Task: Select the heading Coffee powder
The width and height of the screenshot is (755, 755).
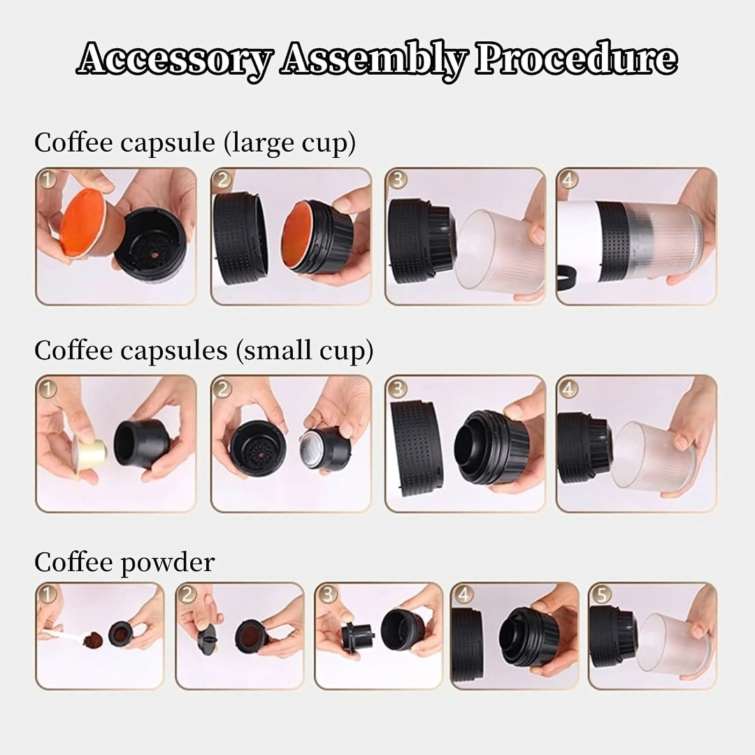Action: (x=124, y=562)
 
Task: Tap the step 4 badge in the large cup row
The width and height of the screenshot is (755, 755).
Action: (x=569, y=180)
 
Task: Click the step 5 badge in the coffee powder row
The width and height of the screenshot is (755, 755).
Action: (x=601, y=594)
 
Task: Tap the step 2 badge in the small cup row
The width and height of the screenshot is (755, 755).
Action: (x=222, y=388)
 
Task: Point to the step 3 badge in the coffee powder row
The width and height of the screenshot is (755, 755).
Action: (x=327, y=594)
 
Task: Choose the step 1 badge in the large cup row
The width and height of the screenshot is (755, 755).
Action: (x=48, y=180)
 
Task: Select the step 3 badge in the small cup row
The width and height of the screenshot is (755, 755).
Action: (x=396, y=388)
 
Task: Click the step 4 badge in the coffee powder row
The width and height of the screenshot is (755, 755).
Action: (x=463, y=594)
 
